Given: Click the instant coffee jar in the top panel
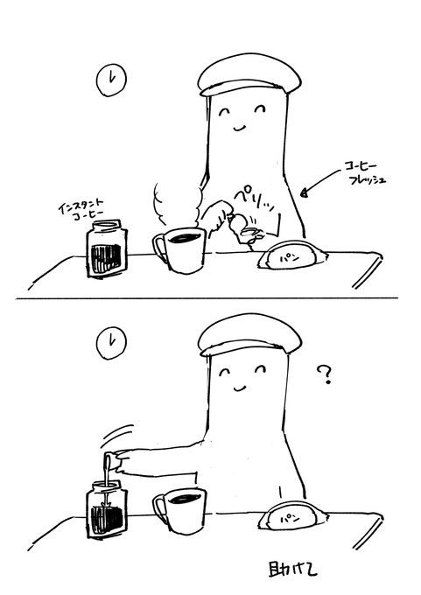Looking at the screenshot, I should pos(108,252).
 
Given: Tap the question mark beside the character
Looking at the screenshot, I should pos(326,376).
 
